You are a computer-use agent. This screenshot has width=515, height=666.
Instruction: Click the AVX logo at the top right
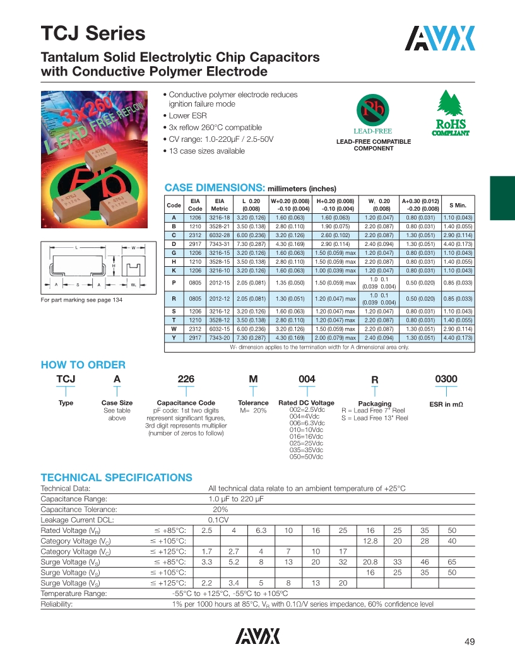pyautogui.click(x=440, y=39)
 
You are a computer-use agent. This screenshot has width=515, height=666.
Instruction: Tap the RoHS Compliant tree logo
pyautogui.click(x=450, y=114)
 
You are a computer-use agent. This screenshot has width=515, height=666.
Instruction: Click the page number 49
pyautogui.click(x=469, y=642)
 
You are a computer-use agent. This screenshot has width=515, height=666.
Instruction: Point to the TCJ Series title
pyautogui.click(x=93, y=33)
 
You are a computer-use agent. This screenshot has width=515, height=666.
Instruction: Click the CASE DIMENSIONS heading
pyautogui.click(x=213, y=188)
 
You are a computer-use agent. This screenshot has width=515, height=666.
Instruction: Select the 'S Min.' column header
pyautogui.click(x=458, y=205)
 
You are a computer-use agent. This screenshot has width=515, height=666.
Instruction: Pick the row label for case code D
pyautogui.click(x=174, y=243)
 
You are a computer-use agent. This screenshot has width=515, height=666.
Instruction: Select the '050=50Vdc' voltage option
pyautogui.click(x=306, y=457)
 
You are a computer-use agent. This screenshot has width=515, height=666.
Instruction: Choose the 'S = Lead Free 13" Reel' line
pyautogui.click(x=374, y=418)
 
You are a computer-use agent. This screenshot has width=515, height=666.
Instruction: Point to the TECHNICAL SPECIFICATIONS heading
pyautogui.click(x=116, y=477)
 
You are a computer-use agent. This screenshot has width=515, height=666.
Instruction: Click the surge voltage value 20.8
pyautogui.click(x=370, y=561)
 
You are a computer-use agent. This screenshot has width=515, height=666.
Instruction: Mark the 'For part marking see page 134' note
pyautogui.click(x=81, y=300)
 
